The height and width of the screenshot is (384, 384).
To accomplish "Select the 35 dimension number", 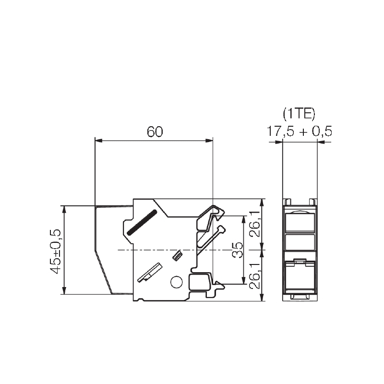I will point(238,250).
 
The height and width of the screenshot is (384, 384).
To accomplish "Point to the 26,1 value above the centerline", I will point(255,224).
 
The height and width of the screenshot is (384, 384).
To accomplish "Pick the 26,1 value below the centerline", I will point(255,276).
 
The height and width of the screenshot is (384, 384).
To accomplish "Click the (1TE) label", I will point(299,114).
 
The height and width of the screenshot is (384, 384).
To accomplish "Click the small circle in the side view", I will point(176,282).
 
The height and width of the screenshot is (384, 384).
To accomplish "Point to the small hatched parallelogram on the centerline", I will point(177,255).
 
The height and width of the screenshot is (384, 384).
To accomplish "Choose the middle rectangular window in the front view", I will point(300,242).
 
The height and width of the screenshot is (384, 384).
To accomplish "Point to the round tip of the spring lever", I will point(222,229).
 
